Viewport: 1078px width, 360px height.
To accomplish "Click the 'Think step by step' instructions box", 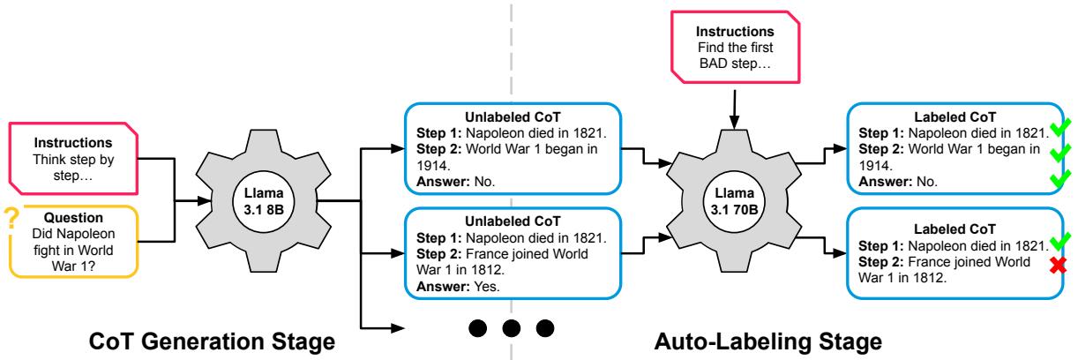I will pyautogui.click(x=73, y=158).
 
